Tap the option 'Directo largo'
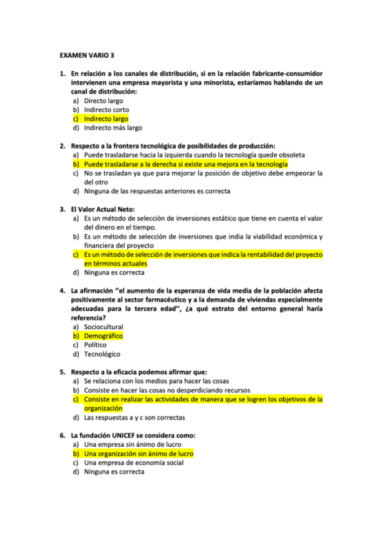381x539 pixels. tap(103, 100)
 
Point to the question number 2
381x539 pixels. tap(63, 146)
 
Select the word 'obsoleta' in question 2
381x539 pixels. tap(290, 154)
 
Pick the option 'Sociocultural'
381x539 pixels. tap(103, 327)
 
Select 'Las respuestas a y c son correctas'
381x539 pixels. tap(134, 418)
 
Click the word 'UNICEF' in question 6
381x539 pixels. tap(127, 435)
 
